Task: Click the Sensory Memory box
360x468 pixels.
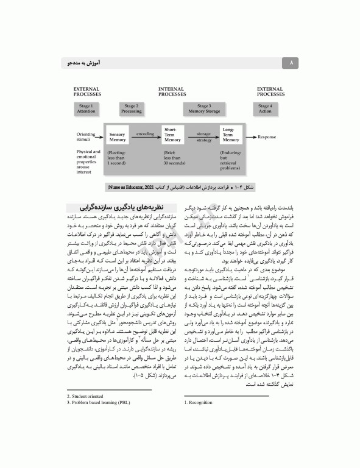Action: tap(118, 136)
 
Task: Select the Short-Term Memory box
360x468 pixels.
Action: tap(172, 136)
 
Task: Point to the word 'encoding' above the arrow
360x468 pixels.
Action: tap(145, 132)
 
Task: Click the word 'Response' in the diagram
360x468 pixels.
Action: tap(267, 136)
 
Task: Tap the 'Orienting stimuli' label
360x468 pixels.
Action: tap(86, 136)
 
